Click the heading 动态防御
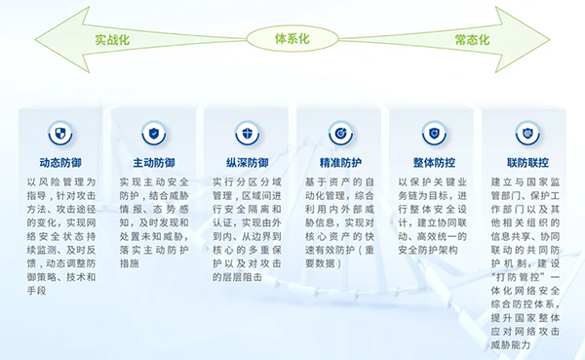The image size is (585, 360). (60, 162)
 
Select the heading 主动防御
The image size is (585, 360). (153, 162)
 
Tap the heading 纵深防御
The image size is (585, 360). (246, 162)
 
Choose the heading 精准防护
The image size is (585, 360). (339, 162)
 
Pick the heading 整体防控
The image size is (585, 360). (432, 162)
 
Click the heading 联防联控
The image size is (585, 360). (525, 162)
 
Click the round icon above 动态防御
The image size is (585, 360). (60, 132)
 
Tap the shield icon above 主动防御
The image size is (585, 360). (153, 132)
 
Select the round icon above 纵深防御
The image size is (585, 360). (246, 132)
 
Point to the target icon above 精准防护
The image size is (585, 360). (339, 132)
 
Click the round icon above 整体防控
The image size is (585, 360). (432, 132)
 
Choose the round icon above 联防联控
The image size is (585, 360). (525, 132)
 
